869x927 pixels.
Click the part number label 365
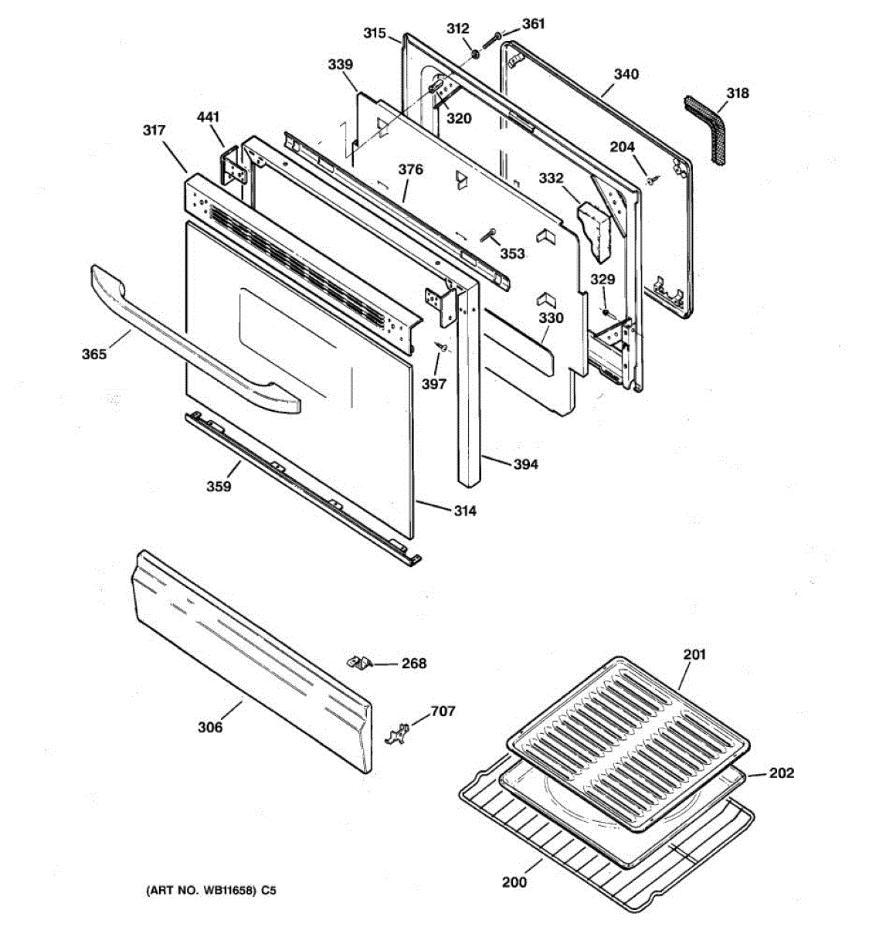point(93,355)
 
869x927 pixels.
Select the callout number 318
point(738,93)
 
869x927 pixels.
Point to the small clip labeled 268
point(358,662)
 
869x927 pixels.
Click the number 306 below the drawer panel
point(210,727)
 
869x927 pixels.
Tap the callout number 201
point(694,655)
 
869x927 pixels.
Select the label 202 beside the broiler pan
point(781,772)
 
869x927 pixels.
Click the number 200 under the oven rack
point(514,882)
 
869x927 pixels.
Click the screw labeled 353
point(488,237)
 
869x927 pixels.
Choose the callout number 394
point(526,464)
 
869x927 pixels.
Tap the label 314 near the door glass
point(463,511)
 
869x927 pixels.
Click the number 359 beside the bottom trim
point(219,486)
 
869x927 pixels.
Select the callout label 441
point(208,117)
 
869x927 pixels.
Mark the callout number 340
point(626,74)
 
